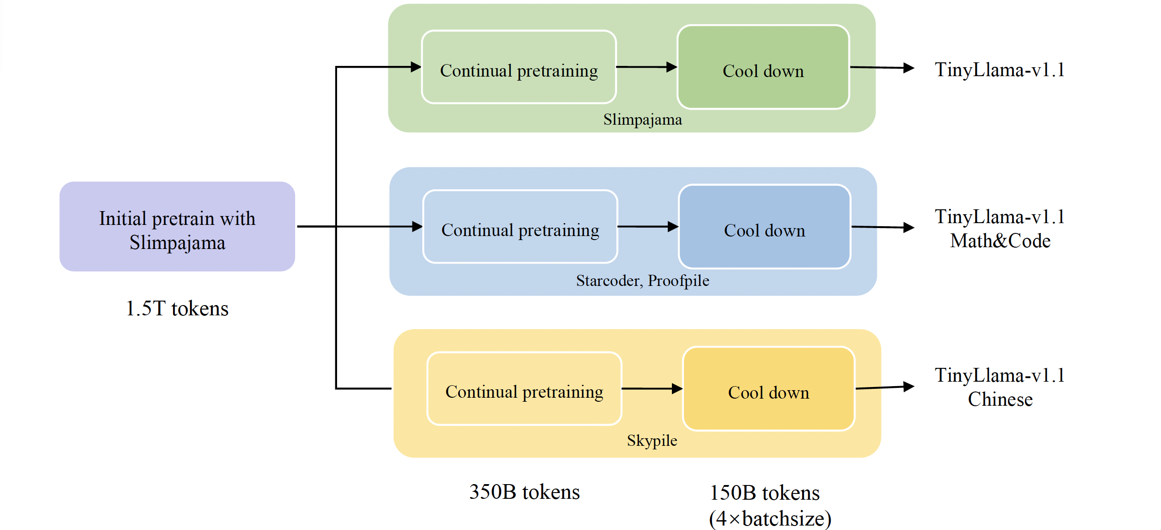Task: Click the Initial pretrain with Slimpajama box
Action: [x=177, y=227]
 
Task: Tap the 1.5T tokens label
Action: [x=177, y=309]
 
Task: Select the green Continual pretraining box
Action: [x=519, y=67]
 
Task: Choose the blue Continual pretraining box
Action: [x=520, y=227]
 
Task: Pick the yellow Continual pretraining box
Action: [x=524, y=389]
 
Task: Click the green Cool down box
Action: [x=763, y=67]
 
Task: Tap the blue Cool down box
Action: [x=764, y=227]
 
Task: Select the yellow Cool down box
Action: [x=769, y=389]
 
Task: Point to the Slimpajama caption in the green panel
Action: [x=642, y=120]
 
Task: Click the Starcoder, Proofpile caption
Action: [x=642, y=281]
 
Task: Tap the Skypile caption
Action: [x=652, y=440]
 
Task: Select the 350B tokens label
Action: [x=524, y=492]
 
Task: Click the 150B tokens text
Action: [x=764, y=493]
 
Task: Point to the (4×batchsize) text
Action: [x=770, y=518]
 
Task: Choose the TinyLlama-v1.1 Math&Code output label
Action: [x=1000, y=229]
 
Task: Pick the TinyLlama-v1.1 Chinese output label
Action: [x=1000, y=387]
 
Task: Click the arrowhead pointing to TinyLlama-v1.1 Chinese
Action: [x=909, y=386]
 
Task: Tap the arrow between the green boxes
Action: [x=646, y=67]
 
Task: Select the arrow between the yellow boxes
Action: [x=652, y=388]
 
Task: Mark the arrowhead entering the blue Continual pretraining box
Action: [x=417, y=227]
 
